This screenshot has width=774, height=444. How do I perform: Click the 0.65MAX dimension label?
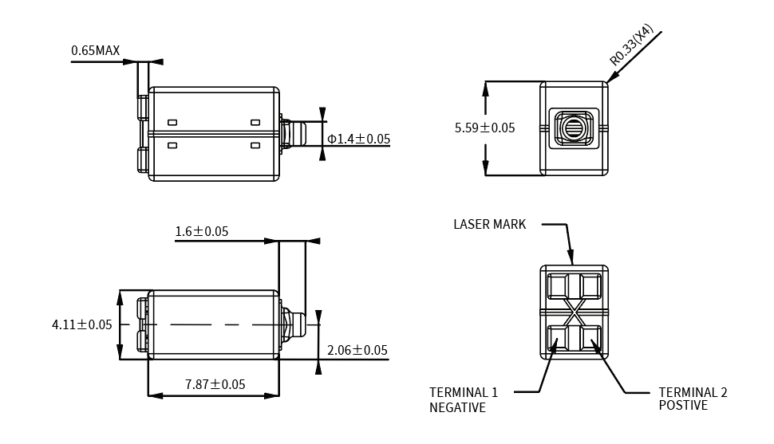pos(95,51)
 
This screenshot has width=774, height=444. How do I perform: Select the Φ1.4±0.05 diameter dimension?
pos(358,139)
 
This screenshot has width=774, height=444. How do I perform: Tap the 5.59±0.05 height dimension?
pos(484,128)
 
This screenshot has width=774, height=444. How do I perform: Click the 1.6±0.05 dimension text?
pos(201,232)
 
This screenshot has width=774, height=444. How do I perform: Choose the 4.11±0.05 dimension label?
pos(81,324)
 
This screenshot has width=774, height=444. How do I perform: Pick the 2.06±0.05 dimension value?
pos(357,351)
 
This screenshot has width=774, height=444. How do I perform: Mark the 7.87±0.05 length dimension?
pos(215,385)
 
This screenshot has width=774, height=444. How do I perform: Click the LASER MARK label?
pos(489,225)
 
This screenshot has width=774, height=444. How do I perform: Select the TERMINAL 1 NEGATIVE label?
pos(463,400)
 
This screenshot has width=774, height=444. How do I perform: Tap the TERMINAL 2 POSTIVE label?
pos(693,399)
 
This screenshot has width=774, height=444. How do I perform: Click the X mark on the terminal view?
pos(574,312)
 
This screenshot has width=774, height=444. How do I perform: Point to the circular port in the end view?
pos(574,128)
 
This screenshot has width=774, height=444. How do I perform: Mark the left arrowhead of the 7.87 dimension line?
pos(154,395)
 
